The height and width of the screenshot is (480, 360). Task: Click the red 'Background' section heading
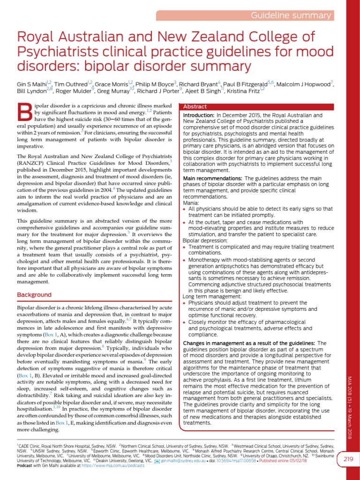[34, 295]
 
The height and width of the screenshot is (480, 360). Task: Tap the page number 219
[348, 458]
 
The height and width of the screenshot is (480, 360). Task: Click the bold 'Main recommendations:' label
[213, 179]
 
